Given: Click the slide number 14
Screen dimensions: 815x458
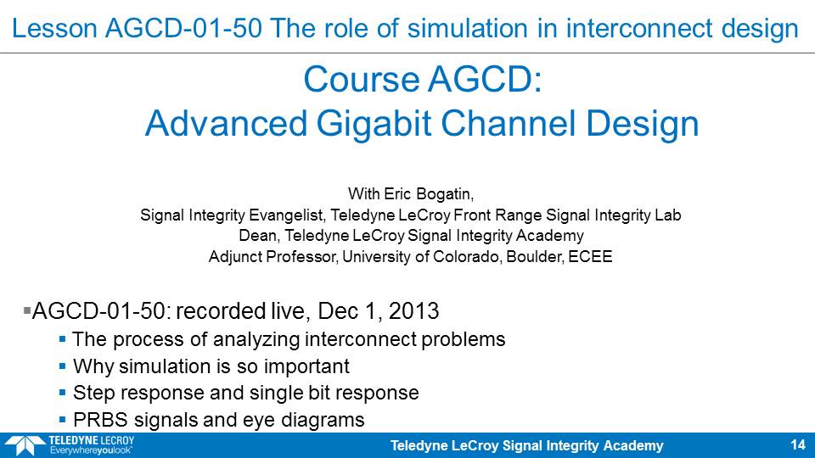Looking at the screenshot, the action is [x=798, y=445].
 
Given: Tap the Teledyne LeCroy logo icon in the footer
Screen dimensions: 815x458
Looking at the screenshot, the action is [x=25, y=446].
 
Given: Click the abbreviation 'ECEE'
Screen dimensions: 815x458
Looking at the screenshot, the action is [x=590, y=256].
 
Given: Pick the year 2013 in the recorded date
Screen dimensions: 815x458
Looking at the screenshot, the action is [x=413, y=311].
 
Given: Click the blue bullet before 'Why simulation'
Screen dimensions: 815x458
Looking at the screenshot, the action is [x=62, y=366].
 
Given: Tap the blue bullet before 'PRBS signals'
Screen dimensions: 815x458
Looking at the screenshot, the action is [x=62, y=420].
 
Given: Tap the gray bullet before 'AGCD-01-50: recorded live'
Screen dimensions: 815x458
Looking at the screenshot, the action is [x=27, y=310].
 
